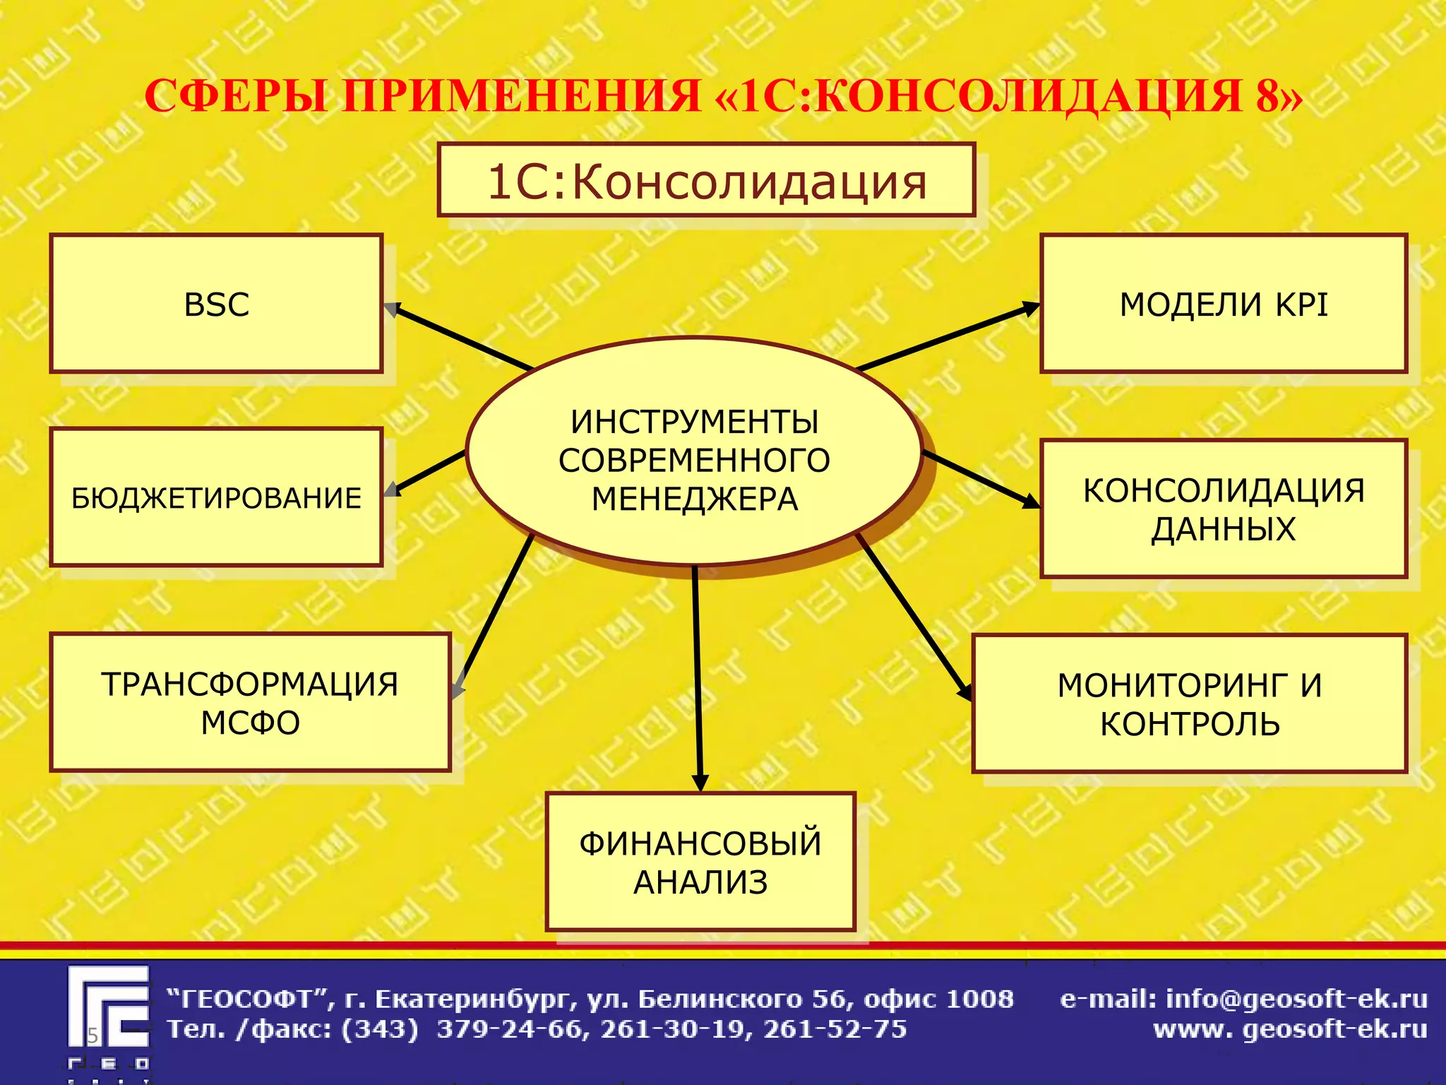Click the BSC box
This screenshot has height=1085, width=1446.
tap(216, 304)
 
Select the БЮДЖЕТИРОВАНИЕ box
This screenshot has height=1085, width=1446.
tap(216, 497)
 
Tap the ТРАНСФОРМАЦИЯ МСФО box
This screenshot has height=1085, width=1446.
tap(250, 702)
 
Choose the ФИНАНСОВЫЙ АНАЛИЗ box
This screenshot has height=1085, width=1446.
tap(700, 862)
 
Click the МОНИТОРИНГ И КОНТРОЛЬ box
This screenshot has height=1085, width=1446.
tap(1189, 704)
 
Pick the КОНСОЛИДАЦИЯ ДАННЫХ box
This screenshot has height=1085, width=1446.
tap(1223, 509)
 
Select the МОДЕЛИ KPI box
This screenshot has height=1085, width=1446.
tap(1223, 304)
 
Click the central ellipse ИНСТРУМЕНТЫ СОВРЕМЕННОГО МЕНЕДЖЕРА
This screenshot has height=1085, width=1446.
tap(694, 452)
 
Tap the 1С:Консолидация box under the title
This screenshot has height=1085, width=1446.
tap(706, 181)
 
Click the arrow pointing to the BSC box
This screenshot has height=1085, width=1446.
tap(462, 338)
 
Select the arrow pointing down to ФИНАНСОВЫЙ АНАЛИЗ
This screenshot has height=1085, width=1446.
tap(698, 678)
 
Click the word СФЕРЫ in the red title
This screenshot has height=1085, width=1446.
tap(236, 96)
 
